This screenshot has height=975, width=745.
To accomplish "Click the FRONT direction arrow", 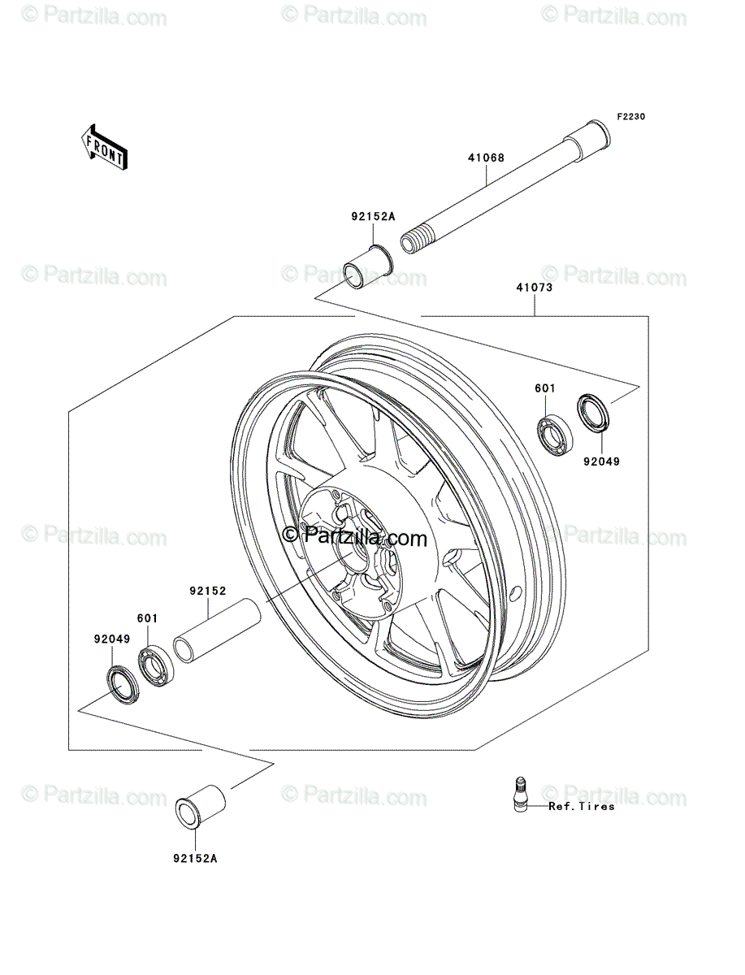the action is coord(105,146).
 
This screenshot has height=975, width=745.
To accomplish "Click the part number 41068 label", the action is coord(486,158).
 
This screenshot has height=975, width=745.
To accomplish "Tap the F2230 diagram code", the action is coord(631,117).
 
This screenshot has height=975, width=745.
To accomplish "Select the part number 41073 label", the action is coord(535,288).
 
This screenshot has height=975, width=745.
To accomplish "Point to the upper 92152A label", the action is coord(373,216).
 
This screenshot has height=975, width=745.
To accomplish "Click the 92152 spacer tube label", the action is coord(208,591).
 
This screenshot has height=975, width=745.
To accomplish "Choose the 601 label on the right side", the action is coord(545,388).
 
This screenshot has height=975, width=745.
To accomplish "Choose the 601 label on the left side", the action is coord(147,617).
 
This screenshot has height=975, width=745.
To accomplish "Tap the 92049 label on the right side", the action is coord(601,461).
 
